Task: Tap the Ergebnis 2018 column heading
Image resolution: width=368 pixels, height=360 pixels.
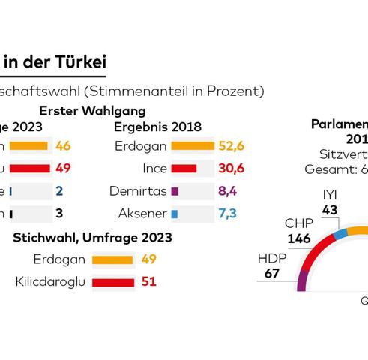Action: pyautogui.click(x=157, y=127)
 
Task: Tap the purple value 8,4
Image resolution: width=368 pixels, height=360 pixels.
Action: pyautogui.click(x=227, y=191)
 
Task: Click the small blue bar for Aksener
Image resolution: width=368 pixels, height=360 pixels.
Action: pyautogui.click(x=175, y=214)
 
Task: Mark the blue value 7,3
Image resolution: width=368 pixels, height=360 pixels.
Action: pyautogui.click(x=227, y=214)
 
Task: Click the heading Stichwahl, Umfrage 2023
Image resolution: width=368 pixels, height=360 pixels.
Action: pyautogui.click(x=92, y=238)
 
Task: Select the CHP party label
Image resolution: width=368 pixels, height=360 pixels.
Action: pyautogui.click(x=298, y=223)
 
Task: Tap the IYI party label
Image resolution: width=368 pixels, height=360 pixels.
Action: pyautogui.click(x=330, y=195)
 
